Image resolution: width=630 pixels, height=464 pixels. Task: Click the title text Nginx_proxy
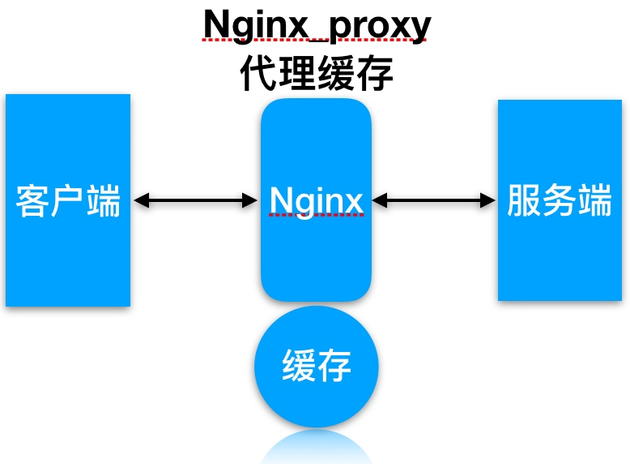317,25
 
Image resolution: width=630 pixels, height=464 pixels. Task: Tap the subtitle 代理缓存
317,73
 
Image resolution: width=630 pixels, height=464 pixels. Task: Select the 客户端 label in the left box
68,201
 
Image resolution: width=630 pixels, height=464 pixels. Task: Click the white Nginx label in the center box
317,201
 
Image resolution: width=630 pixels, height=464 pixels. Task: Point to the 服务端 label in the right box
560,200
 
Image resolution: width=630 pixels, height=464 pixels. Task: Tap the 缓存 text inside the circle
317,365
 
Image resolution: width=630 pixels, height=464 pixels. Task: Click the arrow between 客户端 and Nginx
195,200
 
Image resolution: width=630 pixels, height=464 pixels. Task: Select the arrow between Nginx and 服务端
433,200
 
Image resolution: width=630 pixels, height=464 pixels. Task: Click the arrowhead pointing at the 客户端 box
142,200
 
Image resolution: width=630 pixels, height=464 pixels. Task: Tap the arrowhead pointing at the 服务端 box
487,200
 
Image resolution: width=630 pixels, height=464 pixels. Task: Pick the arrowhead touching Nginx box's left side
249,200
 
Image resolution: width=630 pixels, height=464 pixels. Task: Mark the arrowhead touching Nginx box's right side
380,200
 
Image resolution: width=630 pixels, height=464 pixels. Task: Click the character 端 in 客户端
104,201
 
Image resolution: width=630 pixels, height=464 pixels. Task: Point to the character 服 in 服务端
524,200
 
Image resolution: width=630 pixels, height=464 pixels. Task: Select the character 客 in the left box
32,201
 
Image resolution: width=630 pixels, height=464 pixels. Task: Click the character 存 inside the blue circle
334,365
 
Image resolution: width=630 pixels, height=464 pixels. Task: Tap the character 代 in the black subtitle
259,73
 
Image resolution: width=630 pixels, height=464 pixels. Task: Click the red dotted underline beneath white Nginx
317,215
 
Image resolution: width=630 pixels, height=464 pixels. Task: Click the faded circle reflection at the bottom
317,448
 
